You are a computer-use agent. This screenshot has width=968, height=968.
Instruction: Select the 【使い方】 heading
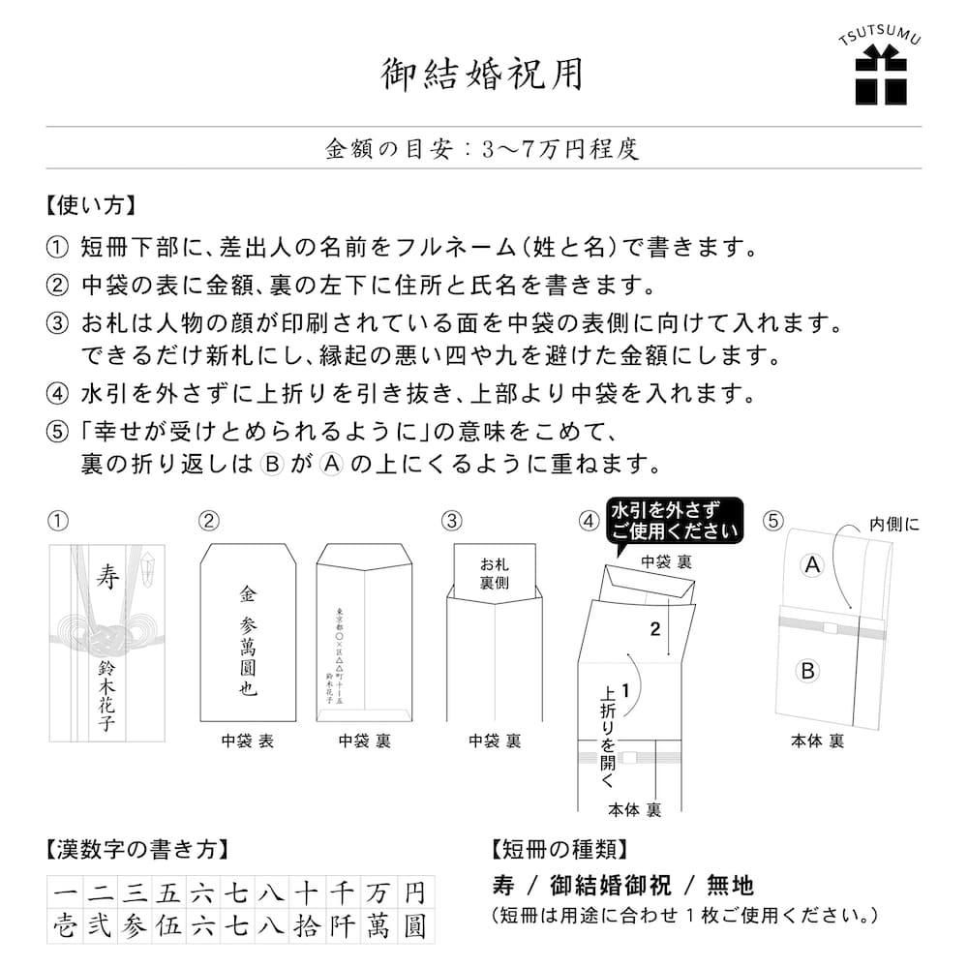click(89, 206)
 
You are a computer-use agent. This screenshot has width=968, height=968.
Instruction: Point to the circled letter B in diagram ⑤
click(810, 669)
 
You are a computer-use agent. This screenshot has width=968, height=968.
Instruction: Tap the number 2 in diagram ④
click(654, 629)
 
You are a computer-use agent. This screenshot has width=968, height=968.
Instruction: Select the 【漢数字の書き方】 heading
click(136, 849)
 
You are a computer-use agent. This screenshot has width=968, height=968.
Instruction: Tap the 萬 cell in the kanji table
click(378, 927)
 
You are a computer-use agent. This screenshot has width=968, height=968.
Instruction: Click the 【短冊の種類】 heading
click(559, 849)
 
